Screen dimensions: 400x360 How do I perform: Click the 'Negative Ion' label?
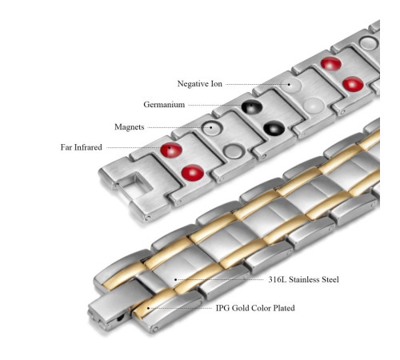[x=200, y=84]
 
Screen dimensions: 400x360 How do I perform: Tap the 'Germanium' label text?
[x=164, y=104]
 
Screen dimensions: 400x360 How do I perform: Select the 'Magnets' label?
[x=130, y=127]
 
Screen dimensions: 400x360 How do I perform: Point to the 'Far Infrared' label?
[x=81, y=147]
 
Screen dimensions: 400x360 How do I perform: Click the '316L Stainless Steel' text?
[x=303, y=279]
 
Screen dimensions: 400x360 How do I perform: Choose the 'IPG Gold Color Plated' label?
[x=255, y=308]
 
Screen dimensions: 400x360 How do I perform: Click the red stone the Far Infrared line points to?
[x=171, y=150]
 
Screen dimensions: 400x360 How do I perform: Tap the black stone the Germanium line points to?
[x=252, y=107]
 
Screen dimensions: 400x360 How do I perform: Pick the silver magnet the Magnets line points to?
[x=212, y=129]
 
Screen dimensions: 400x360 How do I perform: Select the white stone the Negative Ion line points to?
[x=290, y=85]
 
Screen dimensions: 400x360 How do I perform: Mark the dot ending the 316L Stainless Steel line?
[x=175, y=279]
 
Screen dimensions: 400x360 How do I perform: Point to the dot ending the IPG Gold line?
[x=148, y=308]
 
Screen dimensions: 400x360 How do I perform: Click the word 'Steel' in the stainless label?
[x=329, y=279]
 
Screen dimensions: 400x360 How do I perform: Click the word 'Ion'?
[x=217, y=84]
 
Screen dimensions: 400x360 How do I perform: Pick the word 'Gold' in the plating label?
[x=240, y=308]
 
